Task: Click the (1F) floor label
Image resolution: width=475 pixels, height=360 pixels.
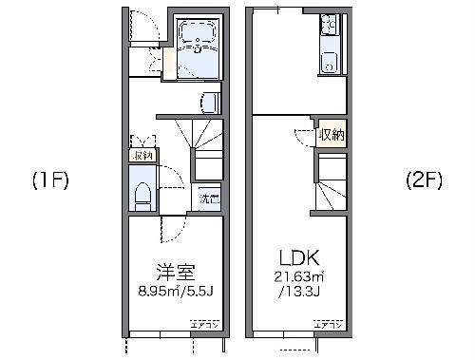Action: (x=51, y=180)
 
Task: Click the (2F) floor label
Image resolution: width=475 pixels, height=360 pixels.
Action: (x=424, y=180)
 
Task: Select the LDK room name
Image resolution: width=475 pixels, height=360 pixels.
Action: (x=296, y=257)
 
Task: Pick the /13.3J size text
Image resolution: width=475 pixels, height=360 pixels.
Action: (x=296, y=290)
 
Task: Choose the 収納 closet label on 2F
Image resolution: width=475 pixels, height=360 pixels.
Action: (x=332, y=135)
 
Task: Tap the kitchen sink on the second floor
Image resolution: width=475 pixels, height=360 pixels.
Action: (x=330, y=65)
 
